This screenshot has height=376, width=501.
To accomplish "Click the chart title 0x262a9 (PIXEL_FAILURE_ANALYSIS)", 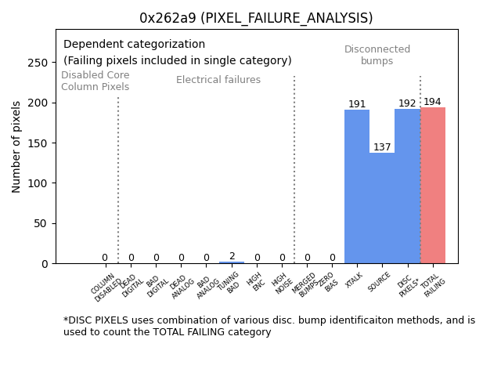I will [x=255, y=18].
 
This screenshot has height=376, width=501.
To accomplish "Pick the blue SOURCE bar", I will [x=382, y=208].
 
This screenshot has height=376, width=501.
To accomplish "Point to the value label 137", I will [x=382, y=147].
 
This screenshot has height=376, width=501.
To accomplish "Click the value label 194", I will [x=432, y=102].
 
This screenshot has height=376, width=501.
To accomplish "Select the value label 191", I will [x=357, y=104].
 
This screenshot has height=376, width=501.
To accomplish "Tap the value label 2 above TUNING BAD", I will [x=232, y=256].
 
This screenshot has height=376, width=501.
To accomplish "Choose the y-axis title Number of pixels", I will [x=16, y=146].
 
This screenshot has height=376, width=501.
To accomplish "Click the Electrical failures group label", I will [x=218, y=80].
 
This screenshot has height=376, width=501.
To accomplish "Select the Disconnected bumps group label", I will [x=377, y=55].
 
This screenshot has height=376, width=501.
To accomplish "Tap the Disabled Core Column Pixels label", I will [x=95, y=81].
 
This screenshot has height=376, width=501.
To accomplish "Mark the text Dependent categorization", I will [x=134, y=45].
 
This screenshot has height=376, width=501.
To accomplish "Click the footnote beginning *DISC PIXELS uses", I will [x=269, y=326].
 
